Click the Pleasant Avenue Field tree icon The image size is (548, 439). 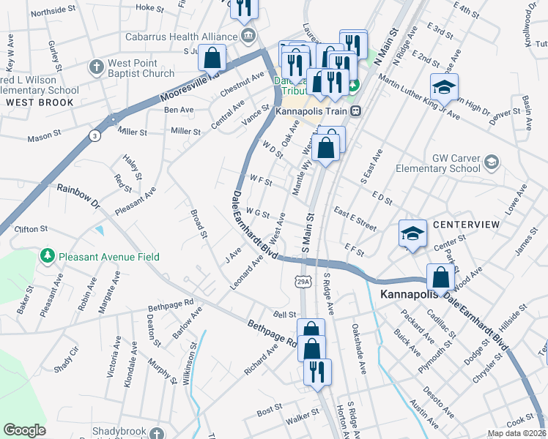click(48, 256)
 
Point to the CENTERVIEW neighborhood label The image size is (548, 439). click(465, 224)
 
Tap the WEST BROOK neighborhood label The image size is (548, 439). click(40, 102)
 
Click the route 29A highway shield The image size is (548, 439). click(303, 281)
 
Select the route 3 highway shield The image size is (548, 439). click(94, 135)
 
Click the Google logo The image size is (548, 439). click(24, 430)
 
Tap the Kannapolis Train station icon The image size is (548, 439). click(356, 111)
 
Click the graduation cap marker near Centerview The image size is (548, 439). click(412, 234)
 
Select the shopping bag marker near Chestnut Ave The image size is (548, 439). click(212, 57)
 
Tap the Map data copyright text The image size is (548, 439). click(516, 433)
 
